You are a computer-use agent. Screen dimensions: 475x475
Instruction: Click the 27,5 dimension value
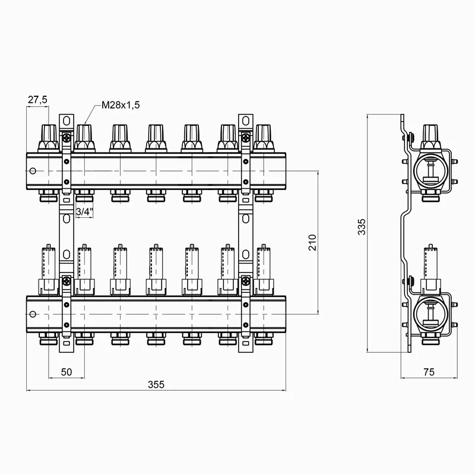(37, 100)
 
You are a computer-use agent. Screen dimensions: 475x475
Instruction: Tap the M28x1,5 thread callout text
(120, 105)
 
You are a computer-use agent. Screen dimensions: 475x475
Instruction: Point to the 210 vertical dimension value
(313, 242)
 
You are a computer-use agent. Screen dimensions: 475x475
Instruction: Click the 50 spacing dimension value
(66, 372)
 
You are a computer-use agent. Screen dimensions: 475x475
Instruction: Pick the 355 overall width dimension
(156, 384)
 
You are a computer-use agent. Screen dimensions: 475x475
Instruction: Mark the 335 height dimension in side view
(363, 227)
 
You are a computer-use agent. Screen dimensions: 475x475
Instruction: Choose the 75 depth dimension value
(428, 372)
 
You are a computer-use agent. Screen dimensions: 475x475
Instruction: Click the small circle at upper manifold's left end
(33, 172)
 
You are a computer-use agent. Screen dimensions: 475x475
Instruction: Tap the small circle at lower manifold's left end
(33, 312)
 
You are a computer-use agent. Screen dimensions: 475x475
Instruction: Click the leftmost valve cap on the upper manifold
(49, 138)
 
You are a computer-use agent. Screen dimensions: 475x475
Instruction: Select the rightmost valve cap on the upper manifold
(262, 138)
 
